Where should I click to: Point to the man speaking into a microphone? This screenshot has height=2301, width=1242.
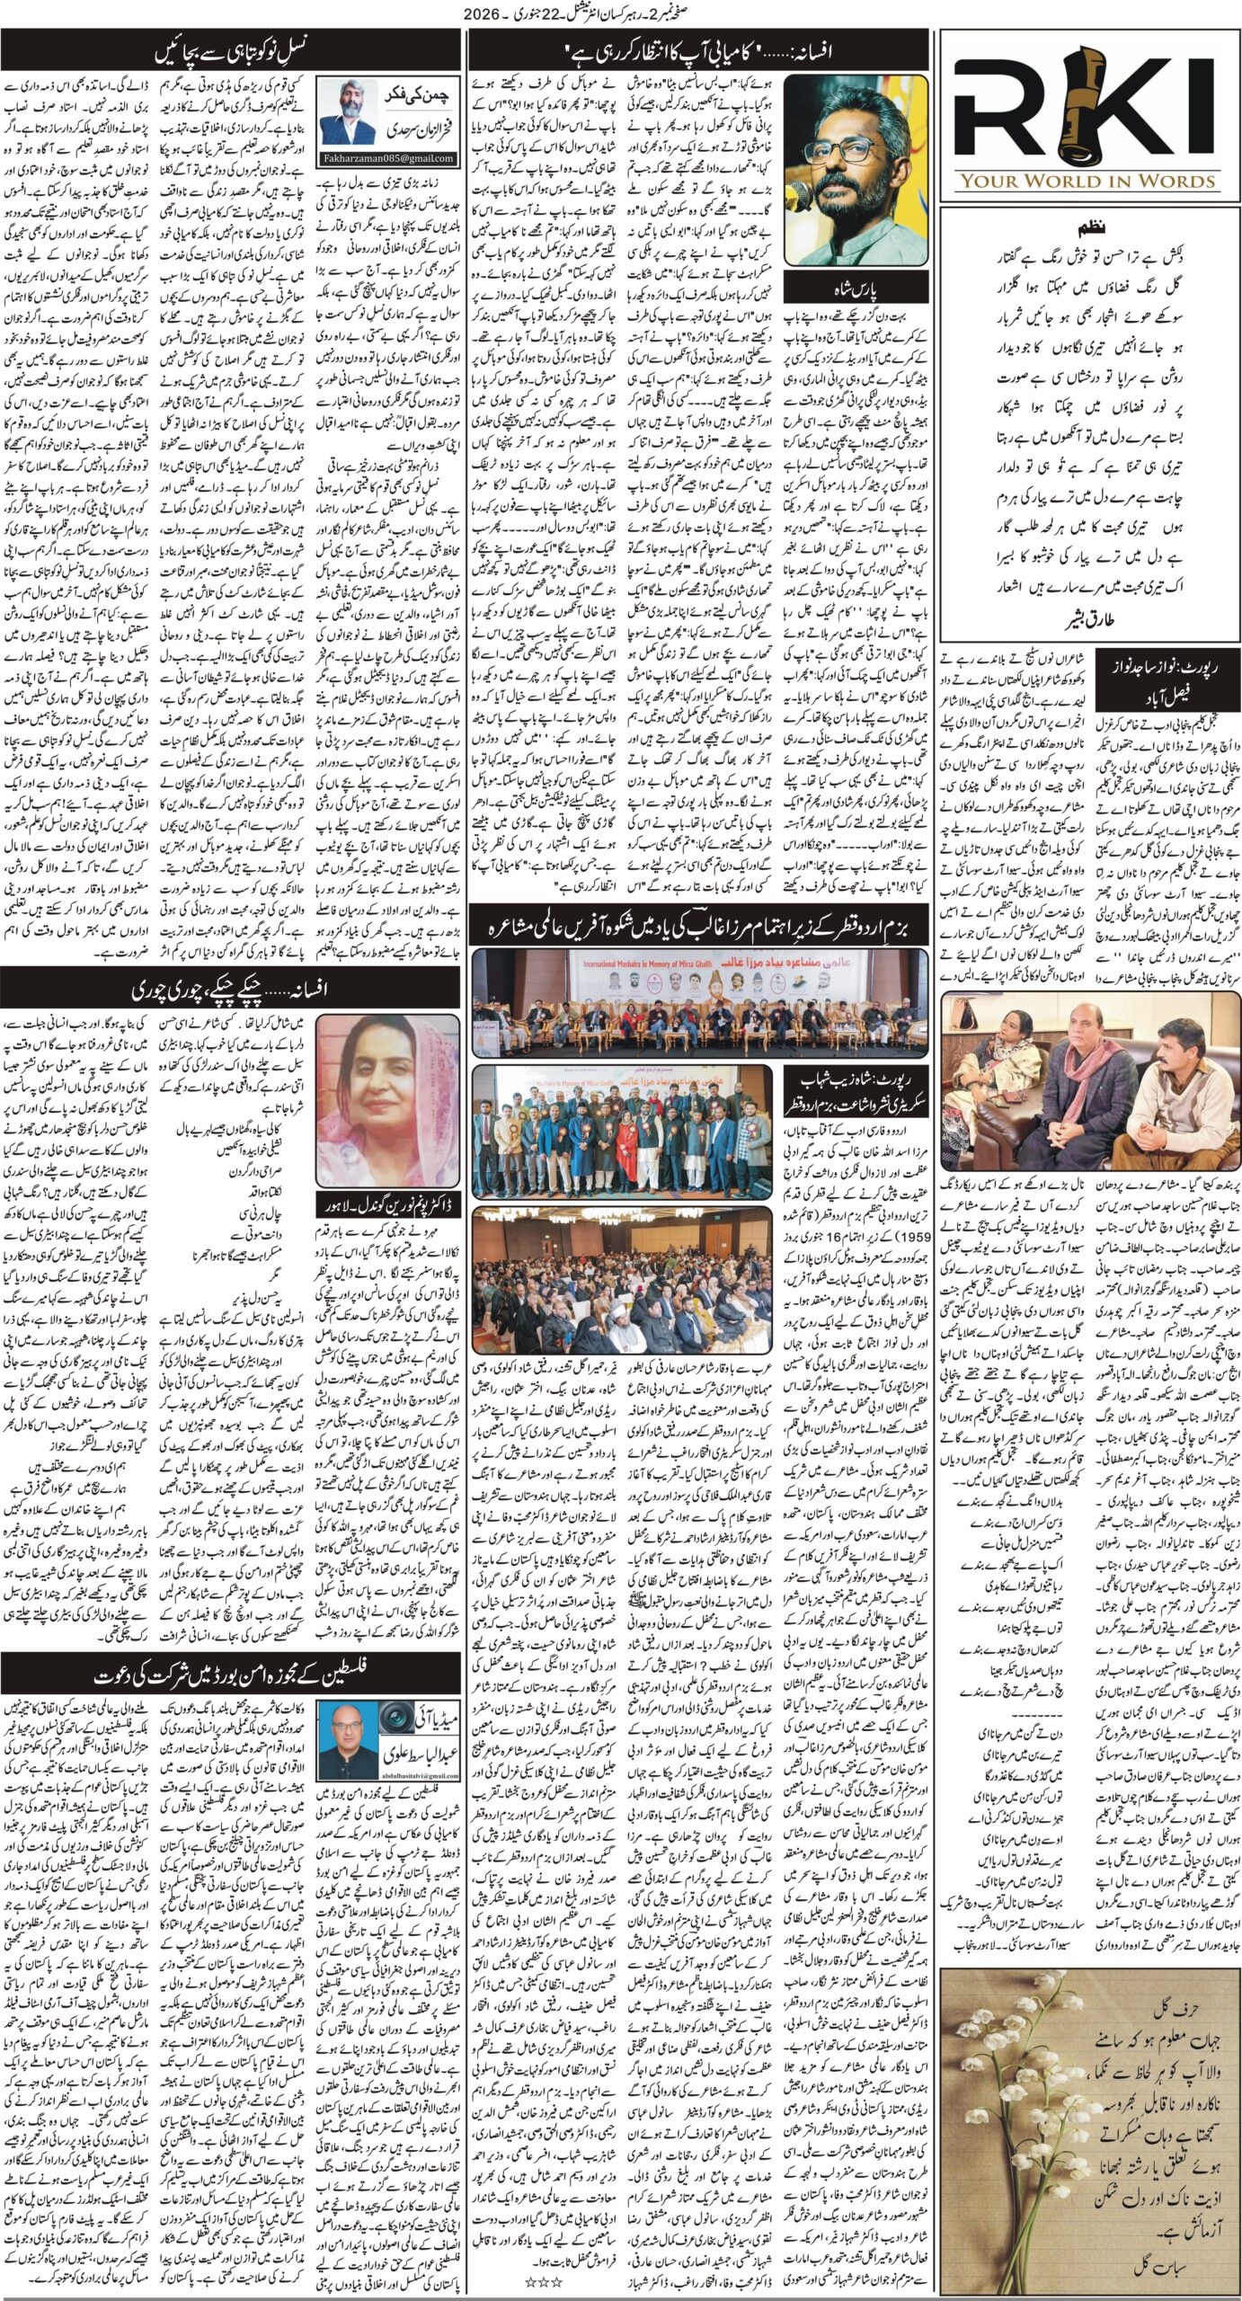click(x=855, y=171)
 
